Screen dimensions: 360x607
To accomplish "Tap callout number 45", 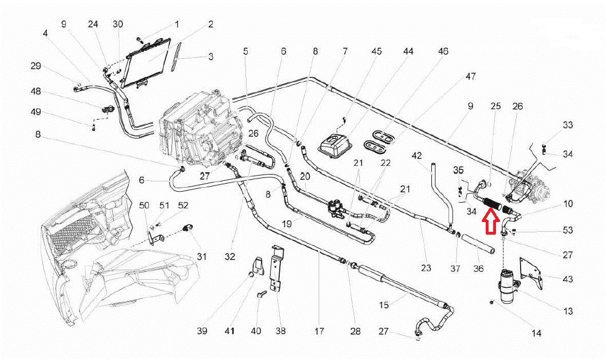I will click(376, 52).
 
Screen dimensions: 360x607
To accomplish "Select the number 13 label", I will click(568, 311).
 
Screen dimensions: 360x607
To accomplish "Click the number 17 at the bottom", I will click(319, 331).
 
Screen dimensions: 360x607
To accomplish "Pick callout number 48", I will click(36, 92).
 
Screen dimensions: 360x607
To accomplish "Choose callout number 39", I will click(201, 331).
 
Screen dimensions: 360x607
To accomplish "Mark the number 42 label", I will click(416, 155).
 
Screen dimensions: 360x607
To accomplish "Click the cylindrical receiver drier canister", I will click(509, 285).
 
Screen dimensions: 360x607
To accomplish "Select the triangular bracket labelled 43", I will click(533, 273).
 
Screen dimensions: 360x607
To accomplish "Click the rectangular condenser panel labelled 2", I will click(149, 61).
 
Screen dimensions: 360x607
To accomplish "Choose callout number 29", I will click(36, 66).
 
